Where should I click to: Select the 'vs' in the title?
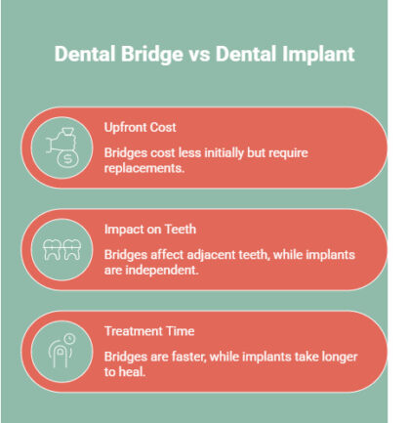[192, 55]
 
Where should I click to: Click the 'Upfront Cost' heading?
[142, 127]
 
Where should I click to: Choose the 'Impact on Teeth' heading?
[151, 230]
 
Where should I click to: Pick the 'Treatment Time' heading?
[149, 332]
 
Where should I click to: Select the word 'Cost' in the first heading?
[165, 127]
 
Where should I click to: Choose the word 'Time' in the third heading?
[179, 332]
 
